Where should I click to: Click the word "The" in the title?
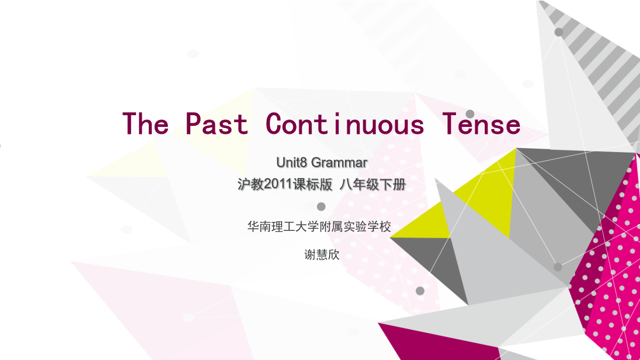coord(146,123)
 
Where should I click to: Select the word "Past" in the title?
coord(217,123)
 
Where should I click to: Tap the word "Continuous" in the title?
coord(345,123)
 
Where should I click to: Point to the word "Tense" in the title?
coord(481,123)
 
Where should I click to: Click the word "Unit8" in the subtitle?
coord(291,162)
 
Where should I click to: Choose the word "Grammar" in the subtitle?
coord(339,163)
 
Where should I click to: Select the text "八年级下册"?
coord(373,185)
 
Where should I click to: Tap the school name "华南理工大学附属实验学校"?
coord(319,227)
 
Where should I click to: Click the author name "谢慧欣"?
coord(322,254)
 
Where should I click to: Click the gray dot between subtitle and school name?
coord(321,206)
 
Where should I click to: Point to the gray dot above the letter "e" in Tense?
coord(470,114)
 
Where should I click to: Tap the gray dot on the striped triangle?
coord(559,32)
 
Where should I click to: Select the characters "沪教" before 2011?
coord(251,185)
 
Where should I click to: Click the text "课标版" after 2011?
coord(313,185)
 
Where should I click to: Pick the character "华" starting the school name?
coord(253,227)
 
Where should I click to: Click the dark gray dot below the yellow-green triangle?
coord(420,291)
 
